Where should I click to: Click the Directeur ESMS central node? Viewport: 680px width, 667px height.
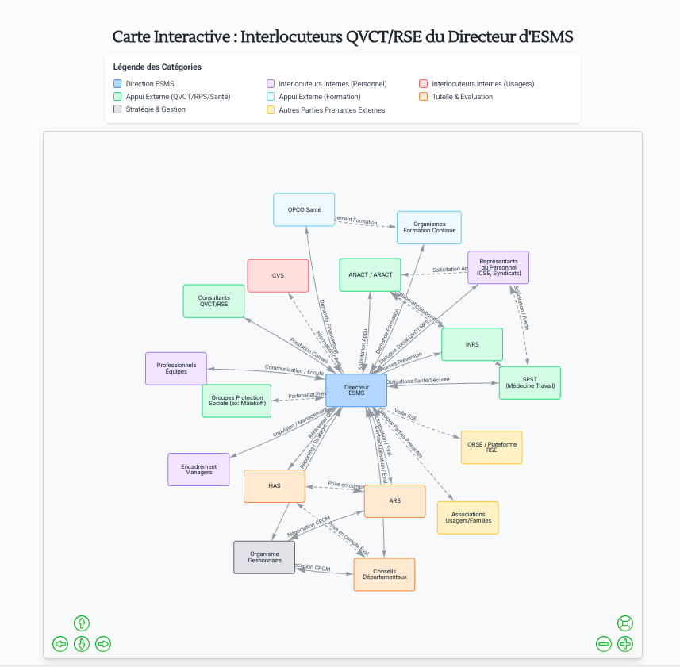[x=356, y=390]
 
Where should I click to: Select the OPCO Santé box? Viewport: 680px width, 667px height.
[x=304, y=209]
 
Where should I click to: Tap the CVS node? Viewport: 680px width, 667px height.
[x=278, y=275]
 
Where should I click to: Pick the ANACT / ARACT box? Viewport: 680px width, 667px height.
[x=370, y=274]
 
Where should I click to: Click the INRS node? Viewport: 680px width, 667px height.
[x=471, y=344]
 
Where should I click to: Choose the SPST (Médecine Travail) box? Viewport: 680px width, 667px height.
[x=529, y=382]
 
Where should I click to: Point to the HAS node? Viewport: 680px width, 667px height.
[x=274, y=485]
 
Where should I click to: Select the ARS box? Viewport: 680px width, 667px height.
[x=394, y=501]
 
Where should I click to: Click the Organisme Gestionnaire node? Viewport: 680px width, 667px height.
[x=264, y=557]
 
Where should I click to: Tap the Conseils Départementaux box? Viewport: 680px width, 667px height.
[x=384, y=574]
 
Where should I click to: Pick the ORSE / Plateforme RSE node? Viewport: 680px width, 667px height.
[x=491, y=447]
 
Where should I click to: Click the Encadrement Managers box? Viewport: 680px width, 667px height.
[x=198, y=470]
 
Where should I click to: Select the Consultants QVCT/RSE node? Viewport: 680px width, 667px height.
[x=213, y=301]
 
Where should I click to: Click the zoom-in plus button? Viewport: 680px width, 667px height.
[x=625, y=644]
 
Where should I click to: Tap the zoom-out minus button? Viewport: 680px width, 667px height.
[x=604, y=644]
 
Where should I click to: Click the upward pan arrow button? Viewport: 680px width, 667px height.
[x=81, y=623]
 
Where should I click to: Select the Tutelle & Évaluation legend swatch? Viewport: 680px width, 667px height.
[x=424, y=97]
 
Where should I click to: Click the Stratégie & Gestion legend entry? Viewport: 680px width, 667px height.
[x=156, y=109]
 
